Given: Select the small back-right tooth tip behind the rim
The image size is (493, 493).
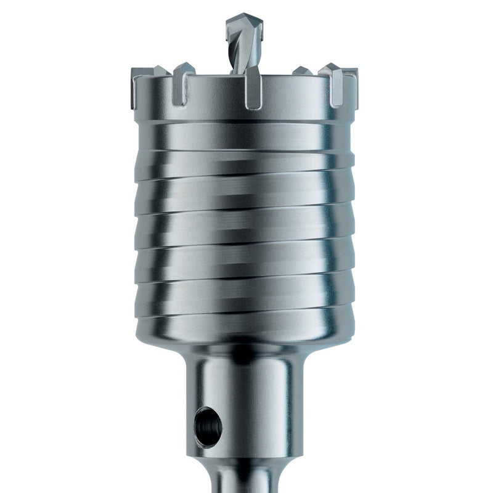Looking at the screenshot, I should (301, 71).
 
